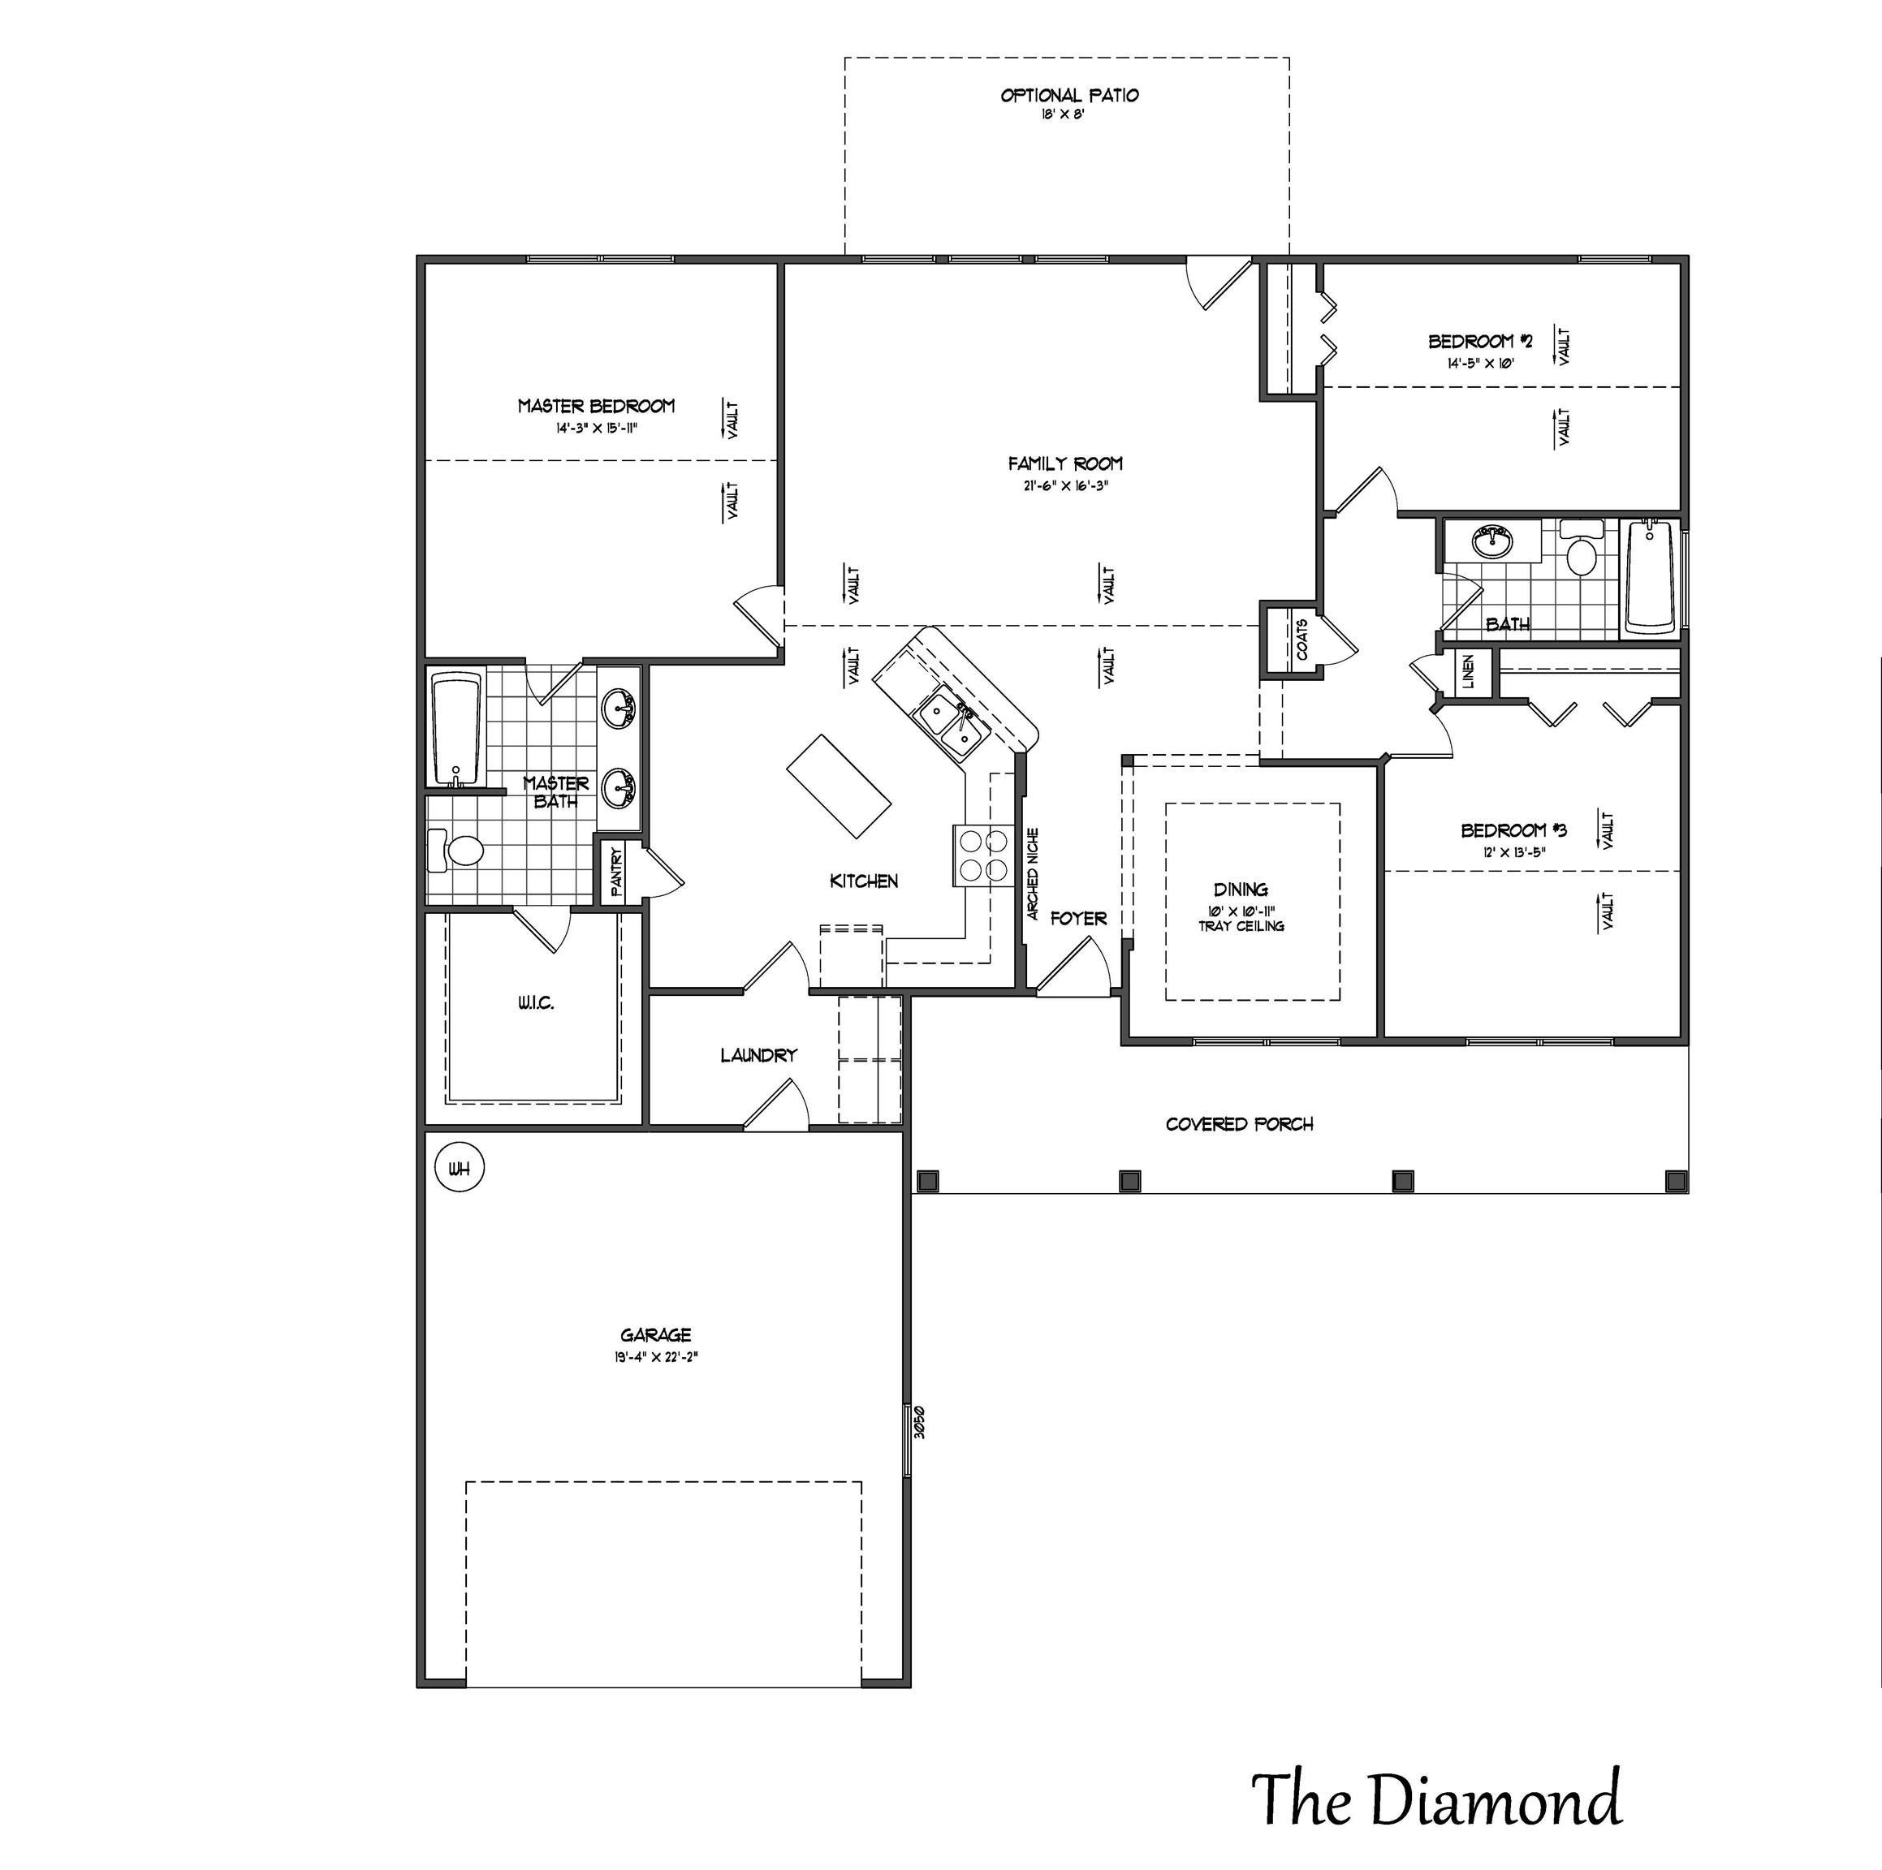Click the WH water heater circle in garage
(459, 1170)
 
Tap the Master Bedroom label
(595, 406)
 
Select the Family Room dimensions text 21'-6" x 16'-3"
(1064, 486)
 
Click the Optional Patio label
(1068, 96)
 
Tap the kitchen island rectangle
(839, 787)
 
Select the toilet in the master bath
(458, 851)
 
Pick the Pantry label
(616, 872)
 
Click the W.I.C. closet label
(536, 1003)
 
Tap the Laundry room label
(758, 1055)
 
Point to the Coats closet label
(1302, 640)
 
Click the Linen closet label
(1468, 672)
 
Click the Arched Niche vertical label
(1034, 873)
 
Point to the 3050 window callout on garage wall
(917, 1423)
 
